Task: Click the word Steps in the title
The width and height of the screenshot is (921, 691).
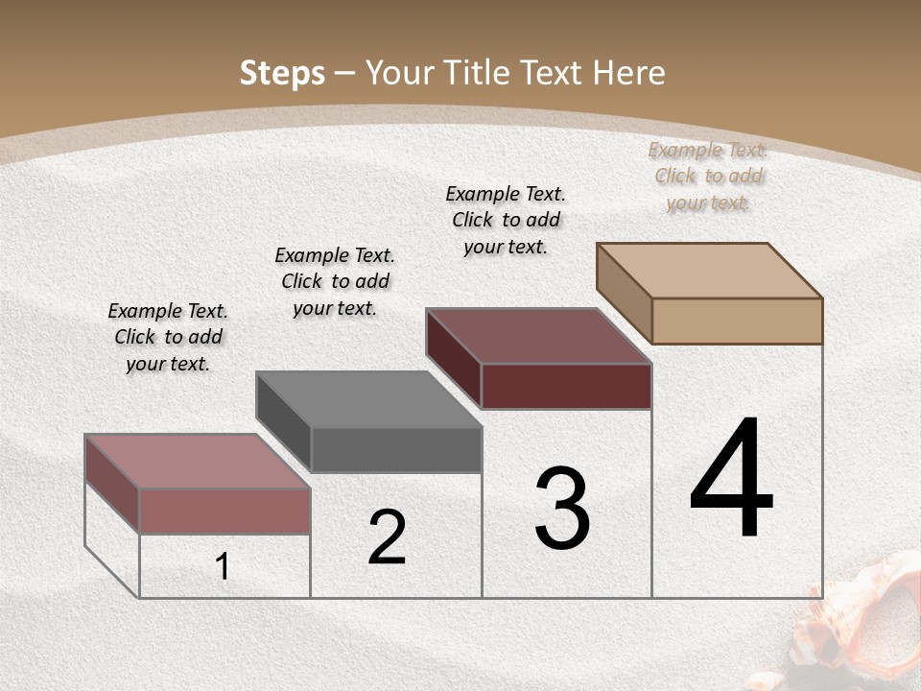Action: coord(282,73)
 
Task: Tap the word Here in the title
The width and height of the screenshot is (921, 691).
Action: coord(628,73)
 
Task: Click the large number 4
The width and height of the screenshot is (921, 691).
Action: coord(731,480)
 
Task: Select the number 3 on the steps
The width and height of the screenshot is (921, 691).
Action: coord(562,509)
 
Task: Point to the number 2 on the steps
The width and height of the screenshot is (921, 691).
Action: coord(388,537)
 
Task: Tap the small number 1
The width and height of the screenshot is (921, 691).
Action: coord(223,567)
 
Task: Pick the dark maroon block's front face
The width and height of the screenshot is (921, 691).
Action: coord(566,386)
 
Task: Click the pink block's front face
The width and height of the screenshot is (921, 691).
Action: coord(224,511)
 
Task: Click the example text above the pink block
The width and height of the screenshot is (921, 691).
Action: coord(168,337)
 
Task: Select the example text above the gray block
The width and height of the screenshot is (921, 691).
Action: coord(335,281)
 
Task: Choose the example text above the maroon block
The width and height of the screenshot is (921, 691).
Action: coord(506,220)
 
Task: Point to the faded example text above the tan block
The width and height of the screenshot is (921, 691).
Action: coord(708,176)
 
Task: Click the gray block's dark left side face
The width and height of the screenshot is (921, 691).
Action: coord(284,421)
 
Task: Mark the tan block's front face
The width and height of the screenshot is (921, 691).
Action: coord(737,321)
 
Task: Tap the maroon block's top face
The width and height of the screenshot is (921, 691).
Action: coord(538,336)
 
